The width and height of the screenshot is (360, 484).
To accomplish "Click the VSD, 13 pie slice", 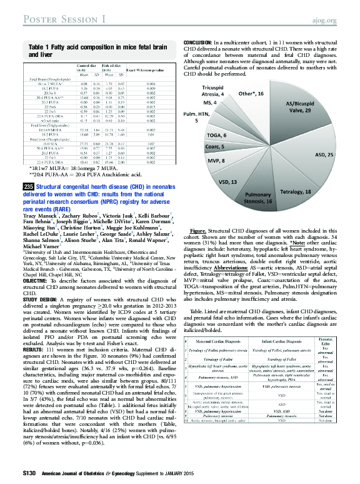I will point(229,181).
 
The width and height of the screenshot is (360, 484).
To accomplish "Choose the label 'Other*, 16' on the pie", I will point(251,93).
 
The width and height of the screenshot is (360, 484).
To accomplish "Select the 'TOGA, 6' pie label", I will point(216,136).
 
